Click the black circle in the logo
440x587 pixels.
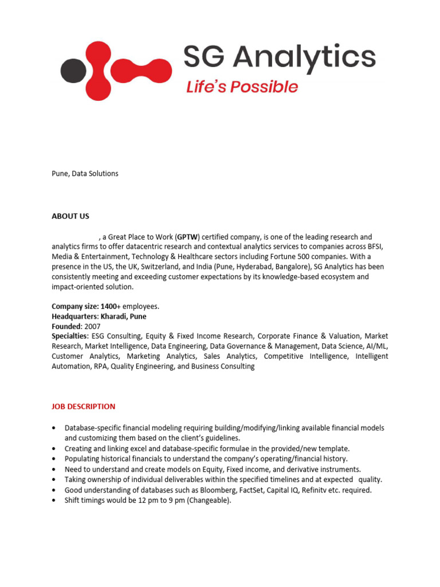73,71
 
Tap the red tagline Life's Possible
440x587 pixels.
242,87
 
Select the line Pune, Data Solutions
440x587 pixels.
85,173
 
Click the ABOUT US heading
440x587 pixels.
70,216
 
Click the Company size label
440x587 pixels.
74,307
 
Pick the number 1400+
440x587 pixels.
111,307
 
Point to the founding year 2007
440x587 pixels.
92,326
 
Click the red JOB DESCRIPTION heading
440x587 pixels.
84,406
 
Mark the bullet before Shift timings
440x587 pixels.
54,500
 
